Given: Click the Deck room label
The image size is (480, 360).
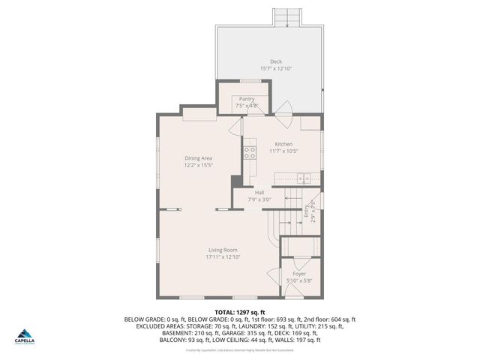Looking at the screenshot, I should click(x=275, y=61).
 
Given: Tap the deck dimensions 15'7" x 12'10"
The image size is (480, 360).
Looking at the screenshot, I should click(x=275, y=69).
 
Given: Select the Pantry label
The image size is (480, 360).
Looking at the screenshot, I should click(x=247, y=99).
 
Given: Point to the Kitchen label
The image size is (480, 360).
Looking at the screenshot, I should click(x=283, y=144).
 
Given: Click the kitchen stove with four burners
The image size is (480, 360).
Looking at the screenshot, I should click(x=247, y=154).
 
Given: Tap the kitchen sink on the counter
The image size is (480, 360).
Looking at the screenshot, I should click(x=303, y=178).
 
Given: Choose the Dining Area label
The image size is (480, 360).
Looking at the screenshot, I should click(x=199, y=157).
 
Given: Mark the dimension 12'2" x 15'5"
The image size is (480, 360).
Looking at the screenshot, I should click(x=199, y=165).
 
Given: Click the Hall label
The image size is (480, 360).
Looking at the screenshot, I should click(x=259, y=193).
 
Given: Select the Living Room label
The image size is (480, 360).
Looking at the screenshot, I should click(x=223, y=250).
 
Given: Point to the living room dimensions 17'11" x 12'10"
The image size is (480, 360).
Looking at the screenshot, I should click(x=223, y=257).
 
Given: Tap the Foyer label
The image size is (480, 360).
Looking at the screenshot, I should click(x=299, y=274).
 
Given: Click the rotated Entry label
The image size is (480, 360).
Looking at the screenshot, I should click(x=306, y=212).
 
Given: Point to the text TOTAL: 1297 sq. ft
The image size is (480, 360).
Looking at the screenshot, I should click(x=240, y=311).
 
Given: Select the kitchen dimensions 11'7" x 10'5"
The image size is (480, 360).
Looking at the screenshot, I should click(x=283, y=151).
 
